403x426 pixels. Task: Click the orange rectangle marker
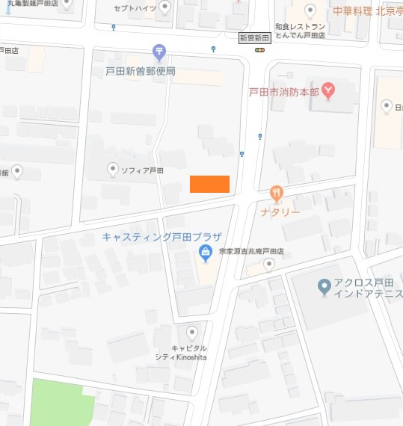tap(209, 184)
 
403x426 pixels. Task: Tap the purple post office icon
tap(159, 52)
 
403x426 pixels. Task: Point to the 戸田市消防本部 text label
tap(283, 92)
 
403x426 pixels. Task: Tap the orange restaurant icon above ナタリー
tap(277, 194)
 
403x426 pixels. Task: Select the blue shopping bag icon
tap(205, 255)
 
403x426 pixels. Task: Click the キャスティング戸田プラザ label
tap(161, 238)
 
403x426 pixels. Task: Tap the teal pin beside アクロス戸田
tap(324, 285)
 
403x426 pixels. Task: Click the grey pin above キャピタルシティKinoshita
tap(193, 333)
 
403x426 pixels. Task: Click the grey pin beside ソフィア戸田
tap(112, 170)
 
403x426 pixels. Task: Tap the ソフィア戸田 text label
tap(142, 170)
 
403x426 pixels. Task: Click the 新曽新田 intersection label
tap(253, 37)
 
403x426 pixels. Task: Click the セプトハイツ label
tap(134, 7)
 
